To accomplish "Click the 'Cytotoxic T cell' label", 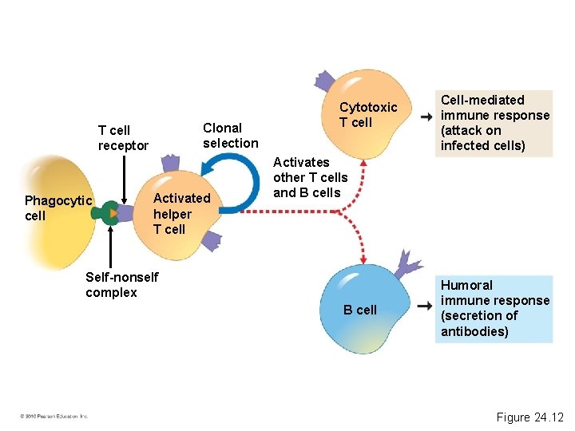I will pyautogui.click(x=367, y=115).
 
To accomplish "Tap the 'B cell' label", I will pyautogui.click(x=359, y=310).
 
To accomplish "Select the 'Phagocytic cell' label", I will pyautogui.click(x=58, y=208).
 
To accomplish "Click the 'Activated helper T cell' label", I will pyautogui.click(x=181, y=213).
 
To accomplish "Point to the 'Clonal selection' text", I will pyautogui.click(x=230, y=136).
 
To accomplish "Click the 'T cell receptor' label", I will pyautogui.click(x=123, y=137).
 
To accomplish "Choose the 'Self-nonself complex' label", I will pyautogui.click(x=121, y=284).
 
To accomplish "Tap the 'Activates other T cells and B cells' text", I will pyautogui.click(x=310, y=177).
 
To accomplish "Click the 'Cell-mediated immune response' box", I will pyautogui.click(x=495, y=122).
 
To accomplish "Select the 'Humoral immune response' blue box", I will pyautogui.click(x=495, y=308).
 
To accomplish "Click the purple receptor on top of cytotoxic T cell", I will pyautogui.click(x=324, y=81).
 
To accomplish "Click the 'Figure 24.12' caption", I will pyautogui.click(x=529, y=417).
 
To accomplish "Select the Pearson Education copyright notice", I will pyautogui.click(x=54, y=416).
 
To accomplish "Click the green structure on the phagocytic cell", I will pyautogui.click(x=105, y=213).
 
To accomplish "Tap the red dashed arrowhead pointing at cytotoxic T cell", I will pyautogui.click(x=363, y=162).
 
